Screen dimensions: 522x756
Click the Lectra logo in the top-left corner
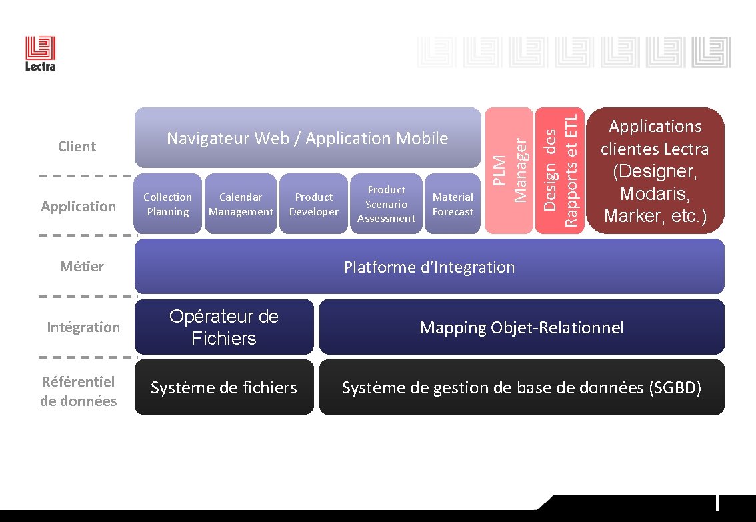pos(41,53)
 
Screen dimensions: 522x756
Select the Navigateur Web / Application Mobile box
pos(307,138)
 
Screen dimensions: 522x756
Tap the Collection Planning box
pos(167,204)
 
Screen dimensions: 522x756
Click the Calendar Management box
pos(241,204)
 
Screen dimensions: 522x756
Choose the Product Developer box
pos(313,204)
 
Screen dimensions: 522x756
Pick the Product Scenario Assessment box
pos(387,204)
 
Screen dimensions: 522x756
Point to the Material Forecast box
pos(453,204)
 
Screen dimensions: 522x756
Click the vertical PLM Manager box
pos(509,171)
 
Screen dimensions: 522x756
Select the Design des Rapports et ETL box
pos(560,171)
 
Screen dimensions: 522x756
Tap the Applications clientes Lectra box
pos(655,171)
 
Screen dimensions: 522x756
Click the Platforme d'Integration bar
pos(429,267)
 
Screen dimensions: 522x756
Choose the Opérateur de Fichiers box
pos(224,327)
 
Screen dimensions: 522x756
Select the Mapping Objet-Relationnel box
pos(521,327)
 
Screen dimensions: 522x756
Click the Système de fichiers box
pos(224,387)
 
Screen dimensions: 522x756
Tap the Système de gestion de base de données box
pos(521,387)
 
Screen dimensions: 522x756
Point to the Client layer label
pos(77,147)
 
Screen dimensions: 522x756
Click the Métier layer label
pos(82,267)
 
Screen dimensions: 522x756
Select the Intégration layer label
pos(83,327)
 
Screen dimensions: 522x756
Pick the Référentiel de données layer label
pos(79,391)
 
